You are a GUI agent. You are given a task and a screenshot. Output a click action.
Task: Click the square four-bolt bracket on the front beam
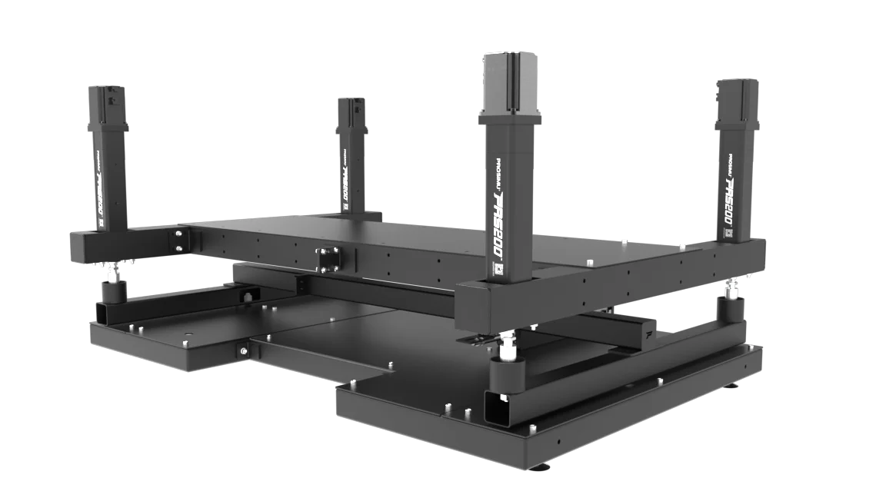point(328,258)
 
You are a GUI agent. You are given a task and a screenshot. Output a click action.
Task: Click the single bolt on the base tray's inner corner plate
point(243,351)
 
